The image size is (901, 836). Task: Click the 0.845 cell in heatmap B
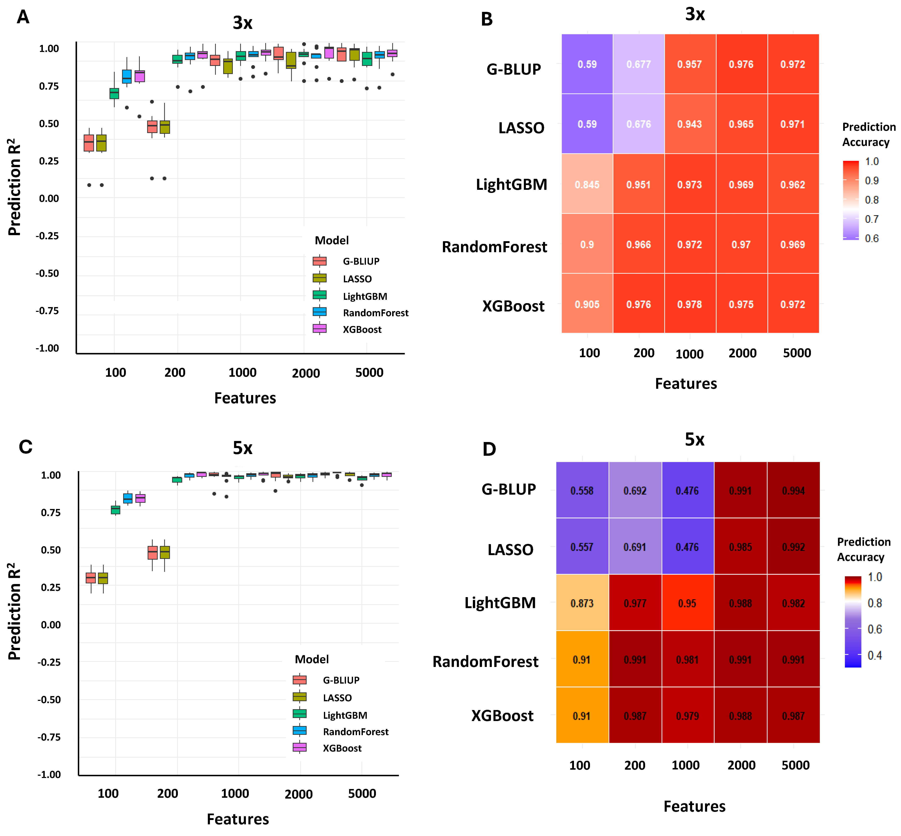click(x=587, y=185)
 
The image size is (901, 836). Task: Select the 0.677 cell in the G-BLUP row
click(x=638, y=64)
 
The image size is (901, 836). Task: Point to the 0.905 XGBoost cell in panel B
click(x=587, y=304)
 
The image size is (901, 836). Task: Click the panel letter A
click(x=23, y=17)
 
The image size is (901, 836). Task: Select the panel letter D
click(x=489, y=449)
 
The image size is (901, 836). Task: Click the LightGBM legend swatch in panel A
click(x=320, y=295)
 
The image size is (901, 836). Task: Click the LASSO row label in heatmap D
click(x=511, y=550)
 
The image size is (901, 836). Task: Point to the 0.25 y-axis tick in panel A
click(x=49, y=161)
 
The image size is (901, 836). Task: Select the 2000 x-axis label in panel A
click(x=306, y=373)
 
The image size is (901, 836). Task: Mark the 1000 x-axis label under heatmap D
click(x=686, y=766)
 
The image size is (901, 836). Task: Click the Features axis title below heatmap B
click(x=686, y=384)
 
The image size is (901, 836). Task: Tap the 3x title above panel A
click(x=243, y=23)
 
